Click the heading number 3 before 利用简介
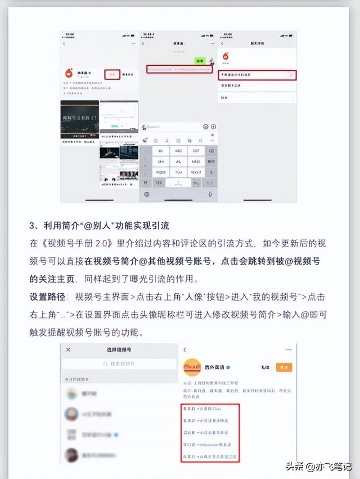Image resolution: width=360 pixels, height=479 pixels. click(x=33, y=226)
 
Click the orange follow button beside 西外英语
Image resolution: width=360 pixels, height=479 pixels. click(x=283, y=368)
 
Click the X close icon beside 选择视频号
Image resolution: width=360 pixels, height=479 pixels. click(x=68, y=350)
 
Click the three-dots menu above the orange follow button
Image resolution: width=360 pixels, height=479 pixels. click(x=289, y=350)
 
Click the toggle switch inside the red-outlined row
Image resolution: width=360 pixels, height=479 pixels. click(x=289, y=75)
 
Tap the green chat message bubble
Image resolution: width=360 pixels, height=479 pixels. click(x=199, y=60)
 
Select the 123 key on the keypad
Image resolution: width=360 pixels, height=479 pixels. click(x=159, y=183)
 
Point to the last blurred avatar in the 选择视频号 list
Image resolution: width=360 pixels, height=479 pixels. click(x=71, y=454)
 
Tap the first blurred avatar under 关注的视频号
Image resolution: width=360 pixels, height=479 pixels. click(x=71, y=395)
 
